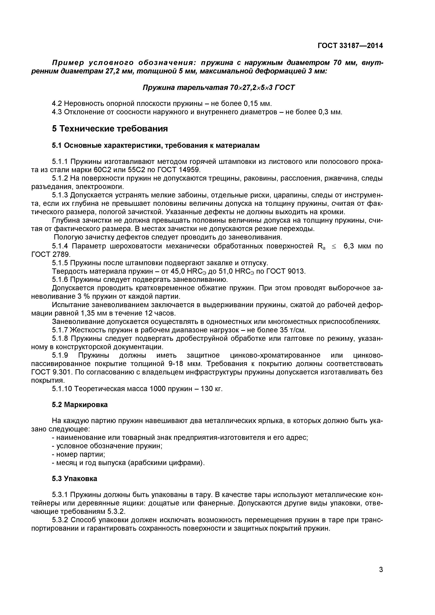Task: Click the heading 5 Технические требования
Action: coord(110,129)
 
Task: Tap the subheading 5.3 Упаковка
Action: coord(75,479)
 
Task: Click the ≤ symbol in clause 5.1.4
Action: coord(334,246)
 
